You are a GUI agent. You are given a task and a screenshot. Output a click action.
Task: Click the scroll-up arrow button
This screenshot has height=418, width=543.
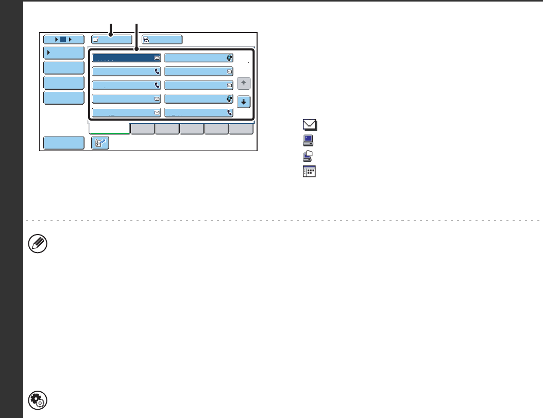click(x=244, y=83)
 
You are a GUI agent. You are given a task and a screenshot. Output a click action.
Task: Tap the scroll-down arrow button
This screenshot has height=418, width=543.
click(x=244, y=102)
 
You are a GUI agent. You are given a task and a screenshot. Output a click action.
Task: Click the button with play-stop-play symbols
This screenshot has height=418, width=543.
click(x=64, y=39)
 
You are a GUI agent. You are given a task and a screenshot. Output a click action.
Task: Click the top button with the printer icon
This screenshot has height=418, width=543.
click(x=162, y=39)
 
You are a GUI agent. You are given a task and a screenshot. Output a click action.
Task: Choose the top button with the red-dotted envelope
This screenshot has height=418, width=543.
click(x=111, y=39)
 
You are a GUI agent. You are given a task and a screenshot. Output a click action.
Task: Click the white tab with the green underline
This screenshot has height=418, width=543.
click(x=109, y=129)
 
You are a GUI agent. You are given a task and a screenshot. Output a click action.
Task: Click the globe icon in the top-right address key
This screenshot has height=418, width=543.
click(x=229, y=58)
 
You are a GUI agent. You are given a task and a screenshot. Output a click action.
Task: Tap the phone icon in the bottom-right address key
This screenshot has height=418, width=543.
click(x=229, y=112)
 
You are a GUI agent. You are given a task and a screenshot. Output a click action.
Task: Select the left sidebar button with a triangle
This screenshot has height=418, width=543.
click(x=64, y=53)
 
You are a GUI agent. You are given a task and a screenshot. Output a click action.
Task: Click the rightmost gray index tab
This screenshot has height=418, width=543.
click(x=241, y=129)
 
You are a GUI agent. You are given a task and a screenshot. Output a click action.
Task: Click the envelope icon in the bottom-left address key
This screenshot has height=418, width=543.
click(x=157, y=112)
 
